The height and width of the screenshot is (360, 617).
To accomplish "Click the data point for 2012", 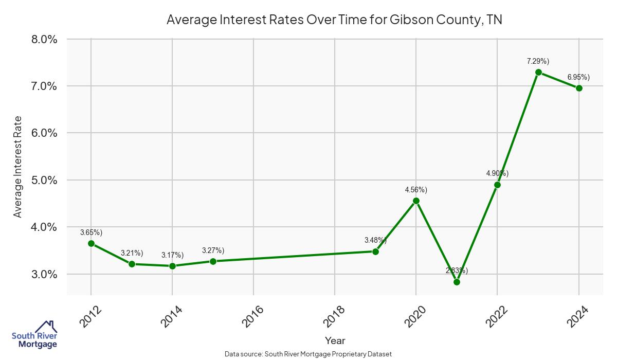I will point(91,243).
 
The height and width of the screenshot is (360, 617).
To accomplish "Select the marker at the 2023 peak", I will point(538,72).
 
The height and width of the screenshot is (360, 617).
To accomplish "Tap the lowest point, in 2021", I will point(457,282).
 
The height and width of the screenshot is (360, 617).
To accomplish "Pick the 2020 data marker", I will point(416,201).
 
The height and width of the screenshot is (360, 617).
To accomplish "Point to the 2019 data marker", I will point(375,251).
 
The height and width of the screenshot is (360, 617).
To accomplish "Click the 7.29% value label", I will point(538,61).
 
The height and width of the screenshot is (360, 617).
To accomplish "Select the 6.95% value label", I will point(578,77).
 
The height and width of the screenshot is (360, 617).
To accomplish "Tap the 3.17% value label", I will point(172,255).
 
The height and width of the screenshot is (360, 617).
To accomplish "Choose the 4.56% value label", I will point(416,190).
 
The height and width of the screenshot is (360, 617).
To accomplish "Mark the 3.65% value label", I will point(91,232).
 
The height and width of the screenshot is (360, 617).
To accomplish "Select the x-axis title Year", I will point(335,340).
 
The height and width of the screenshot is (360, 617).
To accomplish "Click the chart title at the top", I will point(334,20).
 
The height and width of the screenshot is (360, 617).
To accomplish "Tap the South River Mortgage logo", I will point(34,335).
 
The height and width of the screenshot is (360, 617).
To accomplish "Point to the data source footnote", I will point(308,354).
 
